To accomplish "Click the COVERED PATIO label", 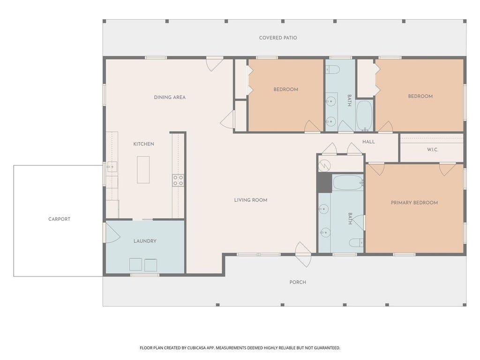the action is click(x=278, y=37).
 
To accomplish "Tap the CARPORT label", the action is click(x=60, y=219).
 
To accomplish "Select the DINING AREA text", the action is click(x=170, y=97).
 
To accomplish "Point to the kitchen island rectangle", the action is click(x=143, y=170).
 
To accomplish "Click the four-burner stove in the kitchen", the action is click(x=178, y=180).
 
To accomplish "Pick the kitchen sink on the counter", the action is click(x=112, y=167).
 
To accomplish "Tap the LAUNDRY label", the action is click(x=145, y=241).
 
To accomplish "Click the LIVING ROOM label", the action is click(x=251, y=200).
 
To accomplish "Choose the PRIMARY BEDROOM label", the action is click(x=414, y=202).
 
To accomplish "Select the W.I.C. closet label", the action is click(x=433, y=150).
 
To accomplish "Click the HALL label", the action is click(x=368, y=142).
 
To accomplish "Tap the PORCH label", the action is click(x=298, y=282).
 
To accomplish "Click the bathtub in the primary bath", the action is click(x=348, y=182).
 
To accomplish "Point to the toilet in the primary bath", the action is click(x=356, y=243).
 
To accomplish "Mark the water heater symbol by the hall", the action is click(x=325, y=166).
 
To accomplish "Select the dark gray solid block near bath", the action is click(x=324, y=183).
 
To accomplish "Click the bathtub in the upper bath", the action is click(x=365, y=115).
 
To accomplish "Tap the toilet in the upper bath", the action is click(x=332, y=70).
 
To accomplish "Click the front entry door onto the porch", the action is click(x=303, y=254).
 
